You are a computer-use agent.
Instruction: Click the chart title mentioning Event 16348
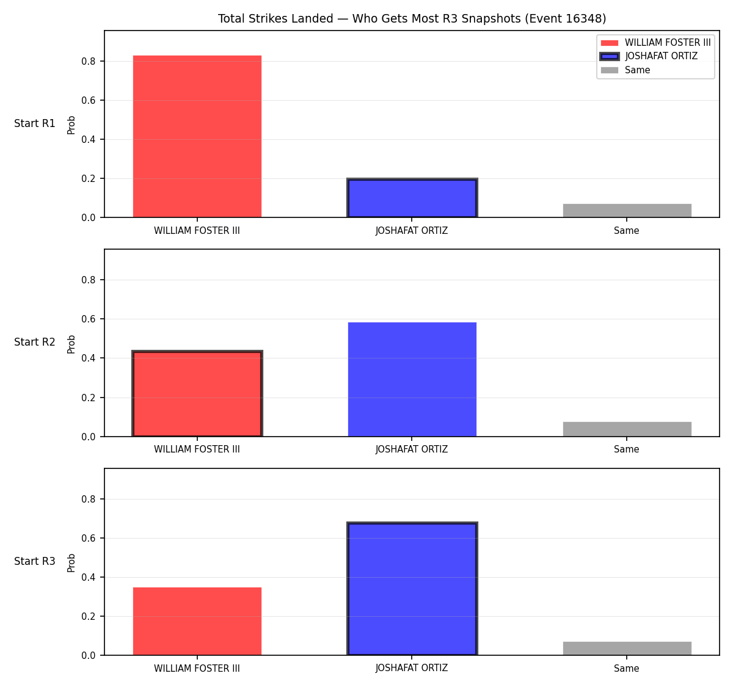point(412,18)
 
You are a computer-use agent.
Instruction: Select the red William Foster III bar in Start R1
point(197,136)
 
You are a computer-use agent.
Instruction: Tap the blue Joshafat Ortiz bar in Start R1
point(412,198)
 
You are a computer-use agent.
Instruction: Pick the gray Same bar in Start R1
point(627,211)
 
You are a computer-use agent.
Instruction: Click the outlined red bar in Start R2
point(197,393)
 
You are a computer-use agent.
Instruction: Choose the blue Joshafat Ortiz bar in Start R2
point(412,379)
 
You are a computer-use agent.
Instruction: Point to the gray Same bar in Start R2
point(627,429)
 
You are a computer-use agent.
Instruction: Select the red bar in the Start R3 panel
point(197,621)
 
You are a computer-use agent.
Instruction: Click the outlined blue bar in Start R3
point(412,589)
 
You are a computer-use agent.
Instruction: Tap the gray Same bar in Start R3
point(627,649)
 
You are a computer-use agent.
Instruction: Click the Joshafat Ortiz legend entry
point(649,56)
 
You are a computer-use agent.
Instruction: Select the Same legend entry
point(625,70)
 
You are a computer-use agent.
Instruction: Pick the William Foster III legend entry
point(655,43)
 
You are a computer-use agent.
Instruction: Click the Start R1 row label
point(35,123)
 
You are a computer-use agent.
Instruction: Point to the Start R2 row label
point(35,342)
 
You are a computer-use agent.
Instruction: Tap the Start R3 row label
point(35,561)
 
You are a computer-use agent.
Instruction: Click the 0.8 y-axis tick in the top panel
point(88,61)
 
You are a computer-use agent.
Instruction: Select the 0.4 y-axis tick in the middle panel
point(88,358)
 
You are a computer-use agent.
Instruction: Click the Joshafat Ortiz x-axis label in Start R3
point(412,668)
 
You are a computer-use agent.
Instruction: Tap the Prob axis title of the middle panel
point(71,344)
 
